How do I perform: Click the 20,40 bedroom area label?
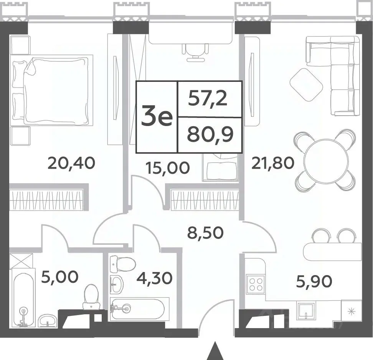point(71,163)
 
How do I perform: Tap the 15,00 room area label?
point(168,168)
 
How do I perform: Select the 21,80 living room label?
point(273,163)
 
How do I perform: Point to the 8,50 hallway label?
point(206,232)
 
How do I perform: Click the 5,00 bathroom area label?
point(60,277)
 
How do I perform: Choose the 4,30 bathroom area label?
point(154,278)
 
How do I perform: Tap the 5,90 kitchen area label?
point(314,281)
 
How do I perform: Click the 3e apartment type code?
point(157,117)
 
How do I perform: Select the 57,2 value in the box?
point(208,99)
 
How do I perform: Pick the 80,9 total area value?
point(210,135)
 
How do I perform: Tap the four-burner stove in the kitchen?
point(256,284)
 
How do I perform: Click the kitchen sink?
point(306,310)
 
